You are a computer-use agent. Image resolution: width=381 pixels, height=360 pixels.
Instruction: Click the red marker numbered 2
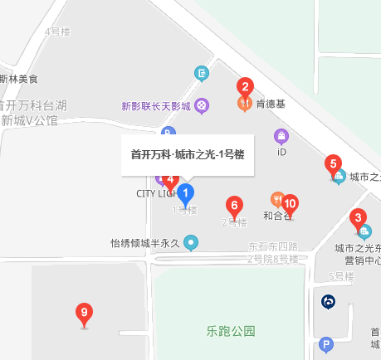(x=244, y=86)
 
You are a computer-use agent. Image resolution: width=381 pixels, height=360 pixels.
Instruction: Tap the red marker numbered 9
(x=83, y=314)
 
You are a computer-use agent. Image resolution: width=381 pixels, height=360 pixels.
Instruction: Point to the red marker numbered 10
(x=290, y=203)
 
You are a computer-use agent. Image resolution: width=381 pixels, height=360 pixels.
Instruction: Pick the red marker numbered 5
(x=333, y=164)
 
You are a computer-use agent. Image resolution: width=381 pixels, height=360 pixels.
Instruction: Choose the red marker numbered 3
(x=359, y=220)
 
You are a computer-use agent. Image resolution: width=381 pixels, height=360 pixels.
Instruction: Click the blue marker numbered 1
(x=187, y=194)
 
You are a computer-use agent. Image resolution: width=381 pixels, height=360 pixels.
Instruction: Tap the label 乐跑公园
(x=231, y=331)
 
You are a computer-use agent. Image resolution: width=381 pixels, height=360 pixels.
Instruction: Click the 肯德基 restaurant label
(x=271, y=105)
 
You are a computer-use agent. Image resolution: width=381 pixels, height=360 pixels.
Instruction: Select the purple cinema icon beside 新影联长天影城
(x=203, y=105)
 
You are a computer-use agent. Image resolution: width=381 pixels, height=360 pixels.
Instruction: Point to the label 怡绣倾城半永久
(x=146, y=244)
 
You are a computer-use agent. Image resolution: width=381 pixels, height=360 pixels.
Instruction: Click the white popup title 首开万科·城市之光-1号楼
(x=187, y=154)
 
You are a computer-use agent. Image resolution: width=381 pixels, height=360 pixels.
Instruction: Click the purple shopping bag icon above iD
(x=281, y=135)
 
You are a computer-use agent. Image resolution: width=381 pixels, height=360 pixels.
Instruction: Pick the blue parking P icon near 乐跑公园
(x=326, y=343)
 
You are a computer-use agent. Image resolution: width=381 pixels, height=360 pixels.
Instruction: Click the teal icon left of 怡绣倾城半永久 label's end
(x=192, y=243)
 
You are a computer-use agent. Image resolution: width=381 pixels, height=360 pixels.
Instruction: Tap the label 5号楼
(x=341, y=276)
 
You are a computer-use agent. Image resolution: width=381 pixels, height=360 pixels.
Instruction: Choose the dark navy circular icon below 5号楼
(x=329, y=302)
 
